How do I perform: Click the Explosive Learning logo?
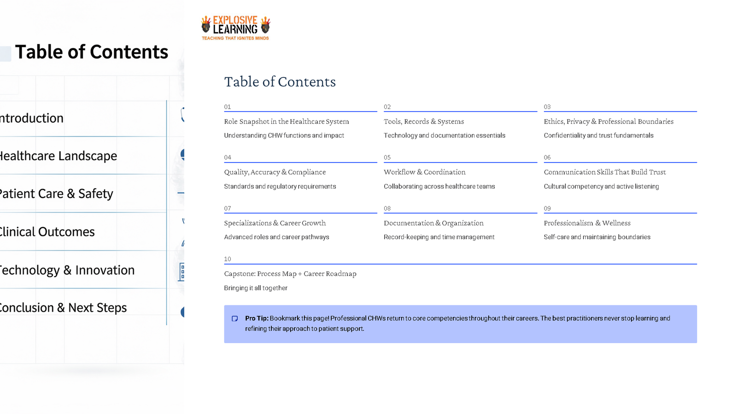click(x=235, y=28)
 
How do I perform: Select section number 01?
click(x=228, y=107)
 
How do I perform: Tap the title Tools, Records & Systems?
click(x=424, y=121)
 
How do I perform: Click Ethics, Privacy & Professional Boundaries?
click(x=608, y=121)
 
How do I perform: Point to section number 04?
click(x=228, y=157)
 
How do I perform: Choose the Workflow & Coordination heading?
click(x=425, y=172)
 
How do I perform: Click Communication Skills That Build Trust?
click(x=605, y=172)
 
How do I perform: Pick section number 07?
click(x=228, y=208)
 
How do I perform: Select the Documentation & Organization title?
click(x=433, y=223)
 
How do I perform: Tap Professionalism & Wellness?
click(x=587, y=223)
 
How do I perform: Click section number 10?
click(x=228, y=259)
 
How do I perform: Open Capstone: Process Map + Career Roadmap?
click(x=290, y=274)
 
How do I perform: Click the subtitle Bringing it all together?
click(x=256, y=288)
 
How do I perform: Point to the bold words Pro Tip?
click(x=257, y=318)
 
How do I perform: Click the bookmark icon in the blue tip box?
click(x=235, y=318)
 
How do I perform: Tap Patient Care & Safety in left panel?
click(x=56, y=194)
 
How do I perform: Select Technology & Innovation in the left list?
click(x=67, y=270)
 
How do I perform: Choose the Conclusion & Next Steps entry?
click(x=63, y=308)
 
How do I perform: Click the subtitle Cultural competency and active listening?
click(x=601, y=186)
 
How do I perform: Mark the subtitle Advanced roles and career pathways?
click(x=276, y=237)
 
